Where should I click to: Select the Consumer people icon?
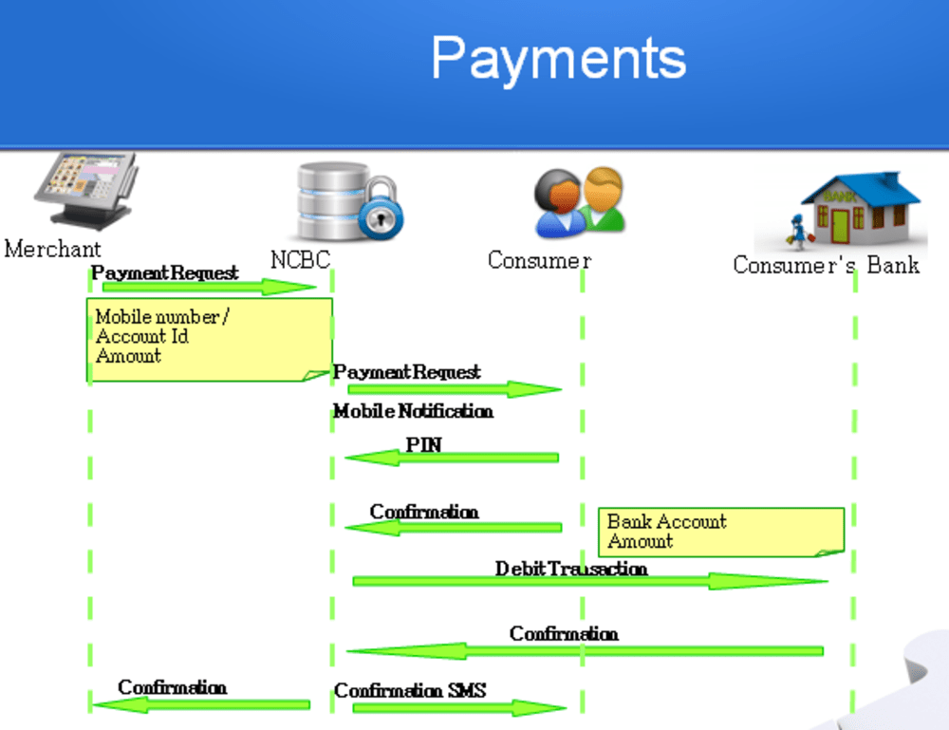(579, 201)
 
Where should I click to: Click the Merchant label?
(52, 250)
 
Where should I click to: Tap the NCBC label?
(300, 259)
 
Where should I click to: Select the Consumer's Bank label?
(826, 264)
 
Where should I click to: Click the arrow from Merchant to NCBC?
(209, 287)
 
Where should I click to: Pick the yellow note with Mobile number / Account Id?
(209, 340)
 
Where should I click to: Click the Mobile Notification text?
(413, 412)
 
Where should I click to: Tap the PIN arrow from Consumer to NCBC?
(451, 458)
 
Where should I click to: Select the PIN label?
(423, 444)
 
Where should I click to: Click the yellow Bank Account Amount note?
(721, 532)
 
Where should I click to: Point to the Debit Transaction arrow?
(588, 581)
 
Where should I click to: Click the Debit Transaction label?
(571, 569)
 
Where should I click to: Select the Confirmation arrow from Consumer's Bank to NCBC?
(584, 650)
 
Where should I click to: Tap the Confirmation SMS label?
(410, 690)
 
